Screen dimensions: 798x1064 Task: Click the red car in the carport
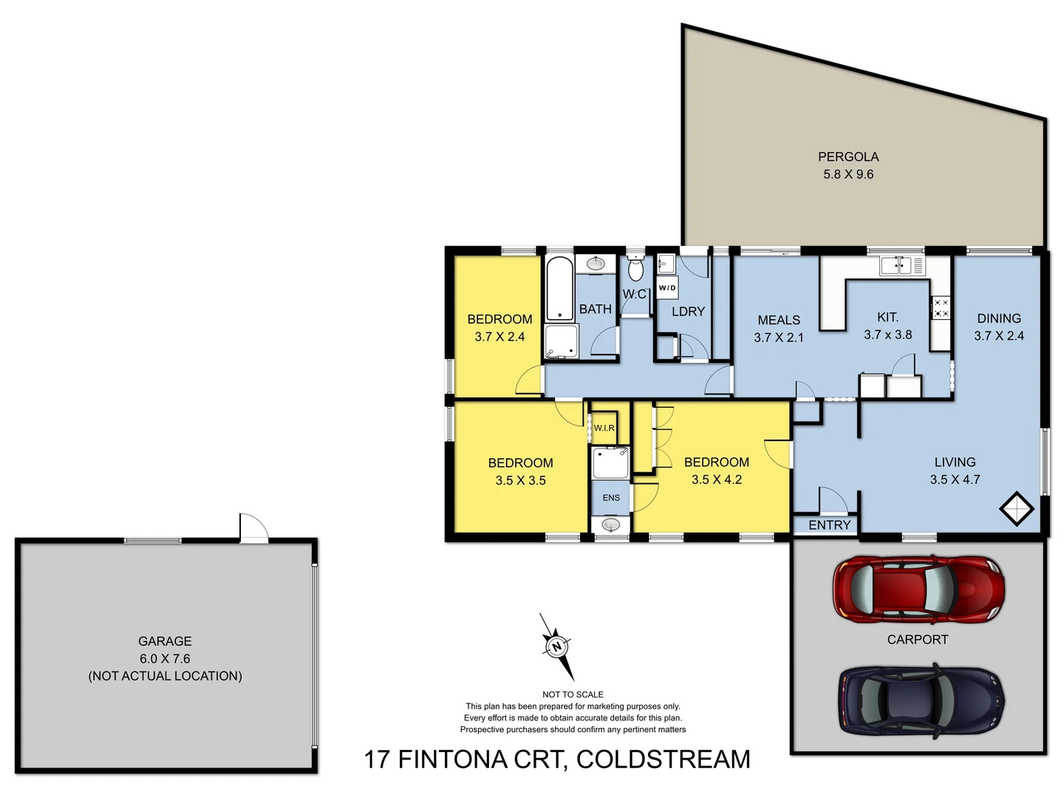[x=918, y=590]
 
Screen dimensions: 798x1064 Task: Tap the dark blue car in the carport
[x=921, y=700]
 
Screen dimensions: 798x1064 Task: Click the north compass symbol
[x=557, y=647]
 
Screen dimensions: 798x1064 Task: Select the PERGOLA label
[x=848, y=157]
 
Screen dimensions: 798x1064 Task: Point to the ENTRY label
[x=829, y=525]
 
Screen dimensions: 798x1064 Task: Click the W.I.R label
[x=604, y=428]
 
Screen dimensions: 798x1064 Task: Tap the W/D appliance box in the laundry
[x=666, y=287]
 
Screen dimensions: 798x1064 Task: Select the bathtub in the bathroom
[x=560, y=288]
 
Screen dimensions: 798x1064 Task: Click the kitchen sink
[x=896, y=265]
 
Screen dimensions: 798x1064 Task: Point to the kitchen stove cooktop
[x=941, y=308]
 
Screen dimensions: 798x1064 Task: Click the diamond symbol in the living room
[x=1017, y=508]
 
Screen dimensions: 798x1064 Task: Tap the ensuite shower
[x=610, y=463]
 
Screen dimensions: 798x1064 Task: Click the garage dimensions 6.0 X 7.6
[x=165, y=658]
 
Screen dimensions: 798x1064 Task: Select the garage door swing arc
[x=255, y=528]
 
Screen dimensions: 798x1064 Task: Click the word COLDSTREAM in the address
[x=663, y=760]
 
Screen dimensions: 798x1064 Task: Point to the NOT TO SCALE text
[x=573, y=695]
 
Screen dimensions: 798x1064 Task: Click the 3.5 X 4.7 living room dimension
[x=955, y=480]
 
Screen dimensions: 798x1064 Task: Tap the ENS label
[x=611, y=498]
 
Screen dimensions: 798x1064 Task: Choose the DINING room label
[x=999, y=318]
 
